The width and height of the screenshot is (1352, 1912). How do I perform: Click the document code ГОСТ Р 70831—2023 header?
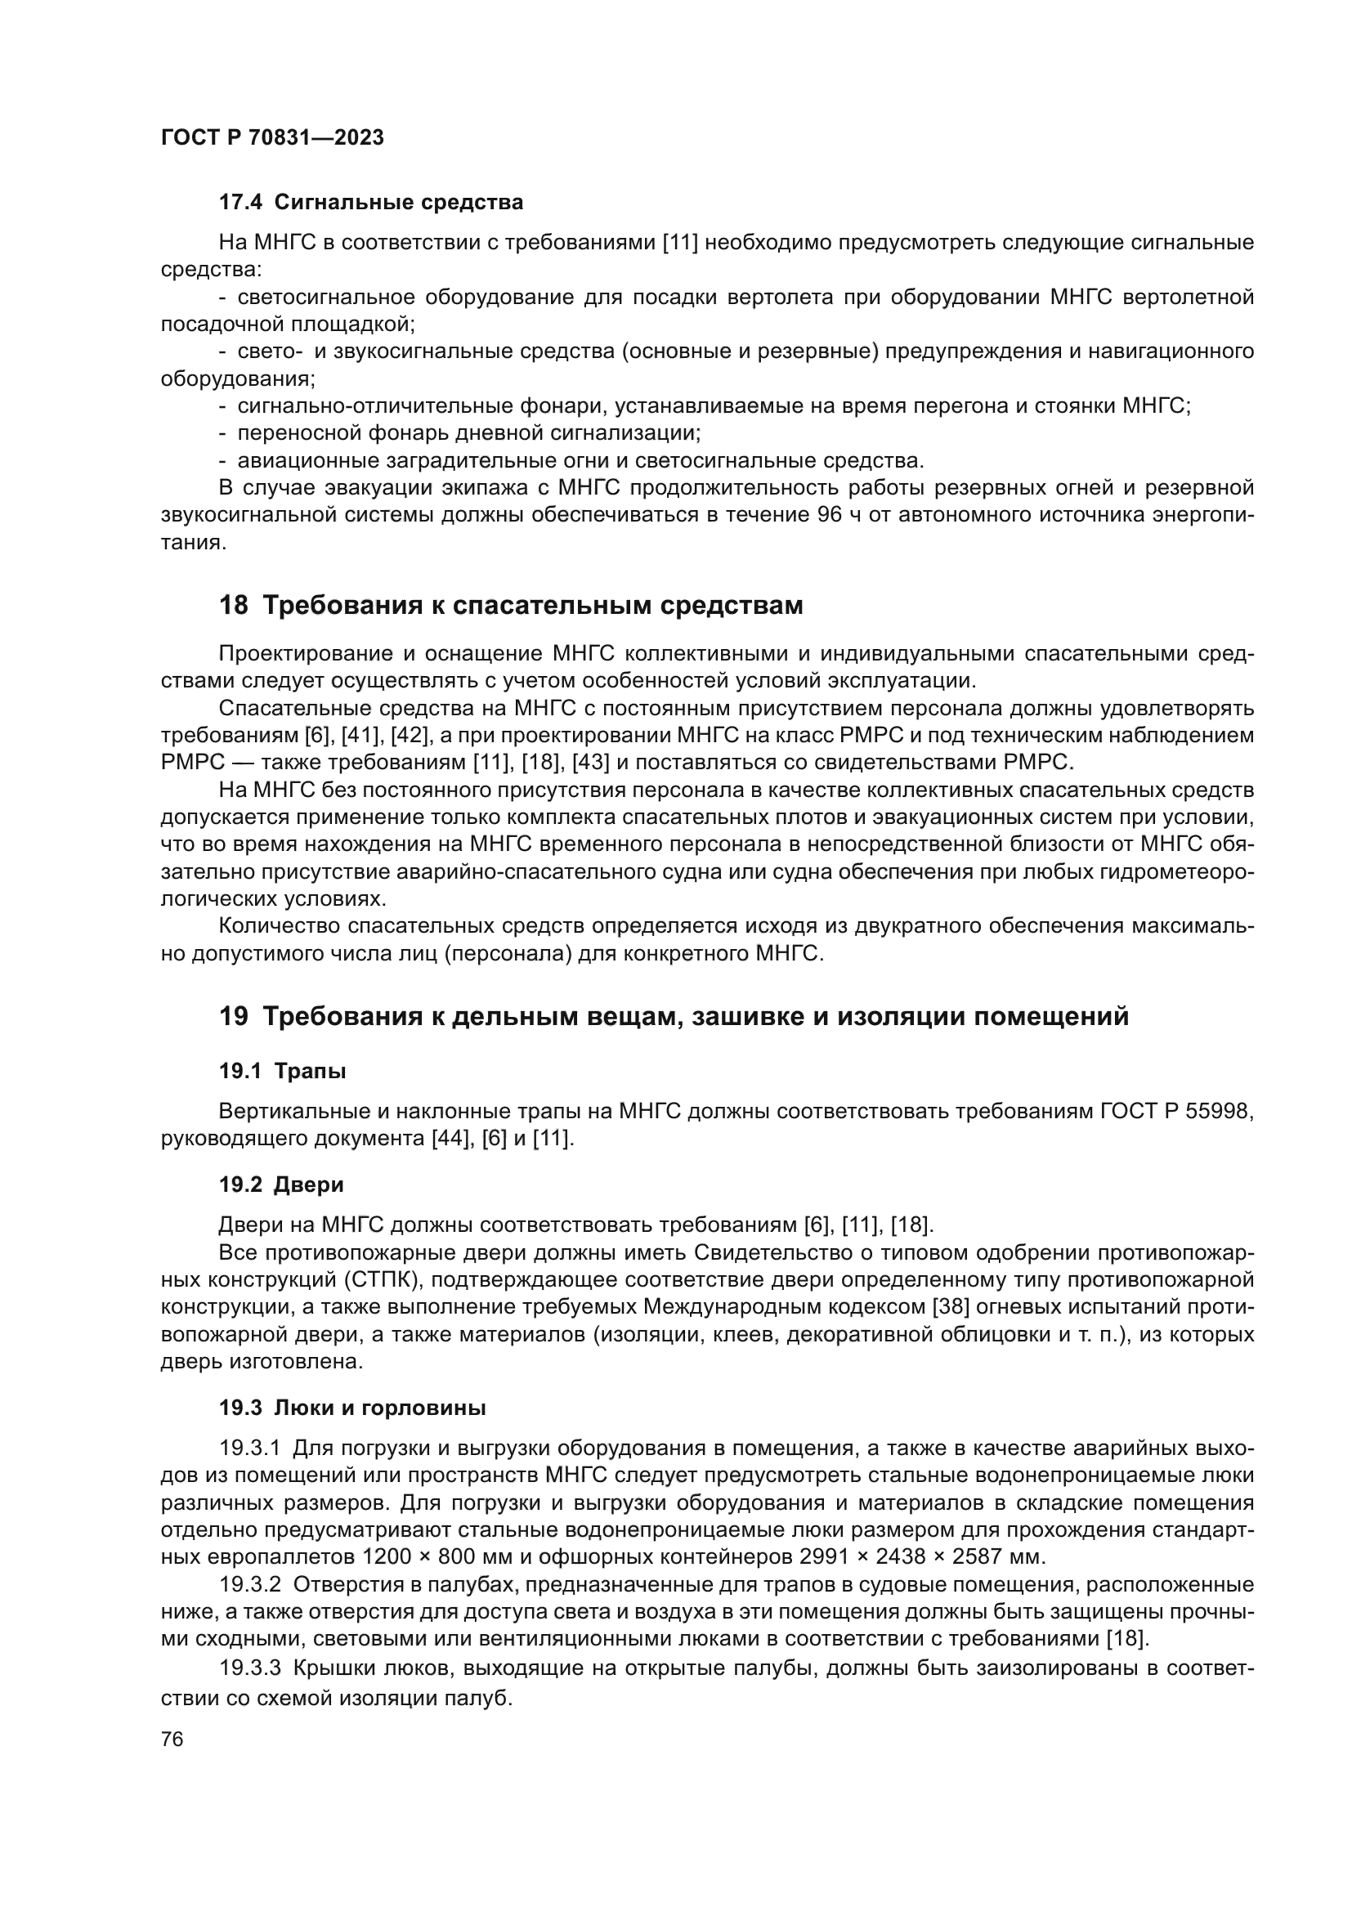click(272, 138)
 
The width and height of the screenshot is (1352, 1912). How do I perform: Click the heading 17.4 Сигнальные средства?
click(371, 203)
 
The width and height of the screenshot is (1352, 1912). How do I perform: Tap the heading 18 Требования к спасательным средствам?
click(511, 606)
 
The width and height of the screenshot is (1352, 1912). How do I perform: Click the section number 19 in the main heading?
click(233, 1017)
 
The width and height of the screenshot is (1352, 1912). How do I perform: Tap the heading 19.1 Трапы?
click(282, 1072)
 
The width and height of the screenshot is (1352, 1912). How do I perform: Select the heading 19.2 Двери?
click(281, 1184)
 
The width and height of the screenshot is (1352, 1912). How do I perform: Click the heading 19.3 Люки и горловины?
click(353, 1408)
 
